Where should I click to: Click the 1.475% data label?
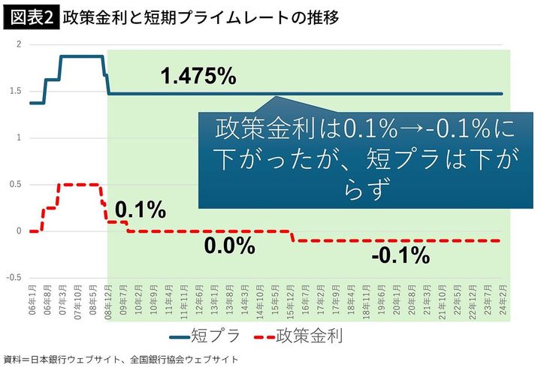pyautogui.click(x=198, y=76)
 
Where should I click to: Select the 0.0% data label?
pyautogui.click(x=229, y=246)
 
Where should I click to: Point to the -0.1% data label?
pyautogui.click(x=400, y=255)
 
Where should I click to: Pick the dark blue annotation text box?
pyautogui.click(x=355, y=158)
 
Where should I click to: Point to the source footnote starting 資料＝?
pyautogui.click(x=121, y=360)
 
